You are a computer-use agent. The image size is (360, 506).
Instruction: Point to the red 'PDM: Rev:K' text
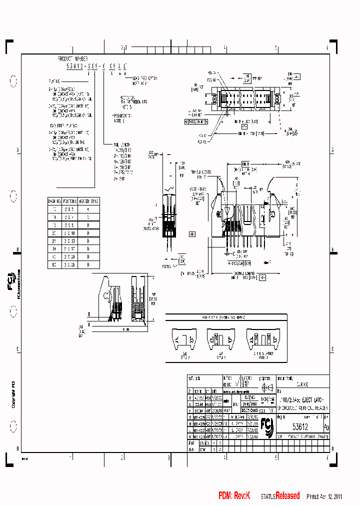tap(234, 495)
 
